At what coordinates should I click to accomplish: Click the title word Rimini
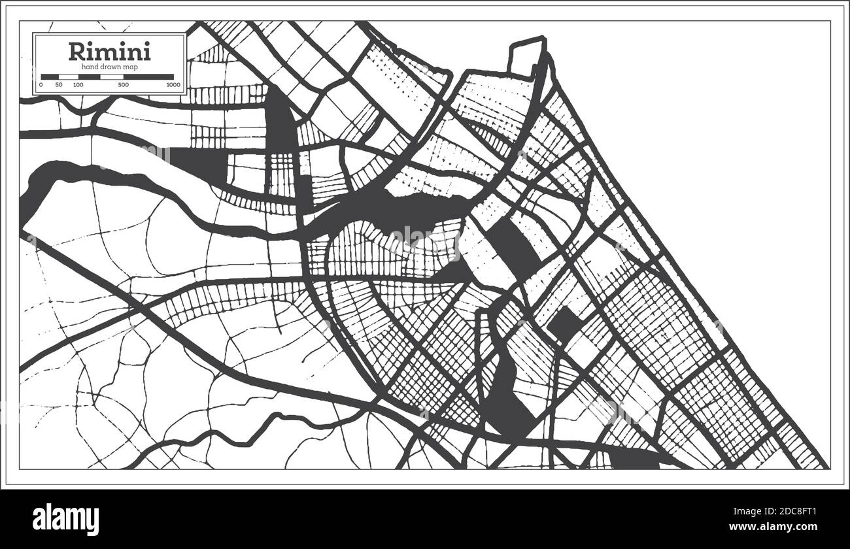tap(109, 50)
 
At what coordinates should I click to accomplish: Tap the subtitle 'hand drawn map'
tap(109, 67)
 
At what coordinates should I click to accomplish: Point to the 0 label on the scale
tap(41, 85)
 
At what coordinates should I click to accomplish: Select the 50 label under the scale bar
tap(59, 85)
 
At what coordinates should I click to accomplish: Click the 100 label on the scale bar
tap(78, 85)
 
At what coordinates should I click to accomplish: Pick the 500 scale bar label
tap(123, 85)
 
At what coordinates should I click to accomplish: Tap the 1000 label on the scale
tap(173, 85)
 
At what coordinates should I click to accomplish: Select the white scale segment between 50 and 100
tap(69, 76)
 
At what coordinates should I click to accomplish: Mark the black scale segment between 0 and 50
tap(50, 76)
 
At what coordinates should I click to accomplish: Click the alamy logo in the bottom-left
tap(65, 520)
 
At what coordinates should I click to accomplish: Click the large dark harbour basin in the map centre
tap(418, 212)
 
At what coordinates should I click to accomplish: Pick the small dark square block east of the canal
tap(564, 325)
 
